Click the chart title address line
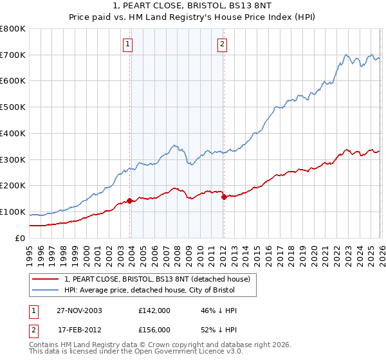(192, 5)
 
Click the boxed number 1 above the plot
(128, 44)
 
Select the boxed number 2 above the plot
(222, 44)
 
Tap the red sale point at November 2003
(130, 201)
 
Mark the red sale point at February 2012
(224, 197)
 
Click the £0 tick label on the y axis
(21, 238)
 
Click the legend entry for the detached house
(161, 278)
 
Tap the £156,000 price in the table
(154, 329)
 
